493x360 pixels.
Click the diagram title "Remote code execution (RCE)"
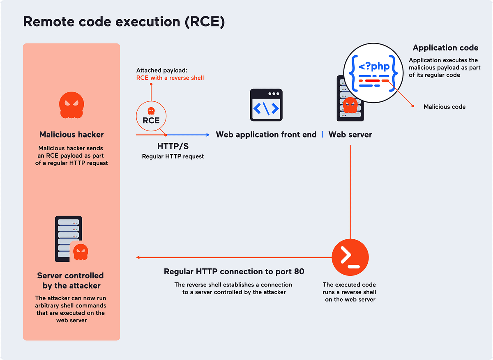coord(124,22)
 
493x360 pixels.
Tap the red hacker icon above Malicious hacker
coord(71,105)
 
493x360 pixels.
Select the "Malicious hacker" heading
coord(71,135)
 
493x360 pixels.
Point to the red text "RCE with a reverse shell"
coord(170,78)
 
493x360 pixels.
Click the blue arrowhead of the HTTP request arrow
coord(207,135)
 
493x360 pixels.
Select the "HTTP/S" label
coord(173,146)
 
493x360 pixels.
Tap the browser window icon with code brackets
coord(266,105)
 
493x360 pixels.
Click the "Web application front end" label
coord(266,135)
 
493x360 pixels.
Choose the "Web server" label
coord(350,135)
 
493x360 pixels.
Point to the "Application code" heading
coord(445,48)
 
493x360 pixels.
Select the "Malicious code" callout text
coord(445,107)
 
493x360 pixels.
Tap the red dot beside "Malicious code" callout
coord(412,106)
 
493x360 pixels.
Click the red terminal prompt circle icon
coord(350,257)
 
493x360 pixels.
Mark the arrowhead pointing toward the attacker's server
coord(138,257)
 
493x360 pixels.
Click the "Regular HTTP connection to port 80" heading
coord(234,271)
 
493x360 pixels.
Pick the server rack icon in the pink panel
coord(68,239)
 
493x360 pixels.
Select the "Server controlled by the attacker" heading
coord(71,280)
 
